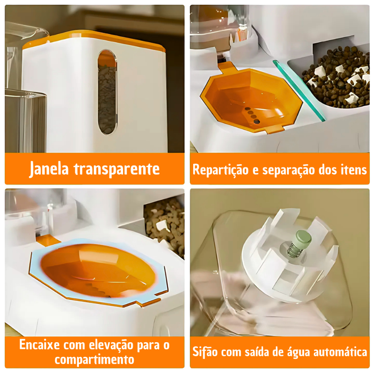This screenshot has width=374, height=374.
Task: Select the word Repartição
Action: tap(221, 170)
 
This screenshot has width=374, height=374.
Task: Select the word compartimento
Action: tap(95, 359)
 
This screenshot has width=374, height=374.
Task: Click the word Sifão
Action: tap(205, 352)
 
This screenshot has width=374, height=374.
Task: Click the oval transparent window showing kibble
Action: tap(107, 92)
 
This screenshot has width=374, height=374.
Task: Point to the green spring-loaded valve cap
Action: tap(303, 239)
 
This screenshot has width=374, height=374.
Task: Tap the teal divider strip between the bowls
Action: tap(299, 91)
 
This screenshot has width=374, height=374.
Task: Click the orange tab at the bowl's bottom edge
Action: tap(275, 129)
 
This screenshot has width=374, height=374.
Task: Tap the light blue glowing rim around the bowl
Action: tap(98, 272)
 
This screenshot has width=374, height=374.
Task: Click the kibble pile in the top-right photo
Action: tap(336, 77)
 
